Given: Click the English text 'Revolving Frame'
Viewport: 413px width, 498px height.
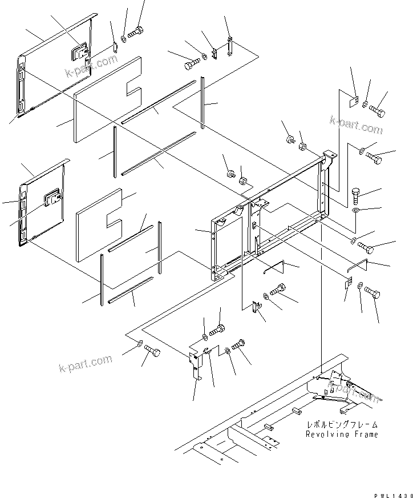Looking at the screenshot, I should [342, 435].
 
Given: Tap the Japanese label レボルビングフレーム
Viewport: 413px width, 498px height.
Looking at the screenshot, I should [342, 425].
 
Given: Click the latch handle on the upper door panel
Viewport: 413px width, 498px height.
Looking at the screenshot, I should [78, 53].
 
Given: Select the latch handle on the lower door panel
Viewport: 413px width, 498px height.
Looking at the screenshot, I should [53, 198].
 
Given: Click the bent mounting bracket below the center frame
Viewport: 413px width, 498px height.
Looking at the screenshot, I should [196, 366].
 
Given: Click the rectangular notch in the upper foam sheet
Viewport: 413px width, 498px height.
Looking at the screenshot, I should [135, 89].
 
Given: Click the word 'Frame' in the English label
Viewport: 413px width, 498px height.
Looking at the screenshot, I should [365, 435].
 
